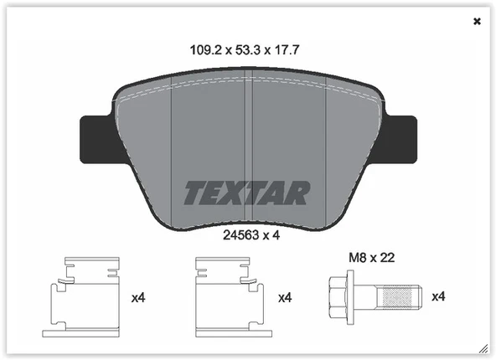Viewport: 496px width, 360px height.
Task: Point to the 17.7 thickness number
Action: click(284, 49)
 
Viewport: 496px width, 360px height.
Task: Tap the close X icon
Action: click(478, 21)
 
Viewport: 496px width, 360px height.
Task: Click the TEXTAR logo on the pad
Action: click(247, 193)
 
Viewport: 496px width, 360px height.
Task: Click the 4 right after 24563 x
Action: click(275, 235)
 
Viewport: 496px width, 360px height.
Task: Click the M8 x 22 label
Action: click(370, 258)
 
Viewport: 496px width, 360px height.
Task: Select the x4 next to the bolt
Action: click(437, 296)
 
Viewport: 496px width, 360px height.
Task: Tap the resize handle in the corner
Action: click(483, 347)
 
